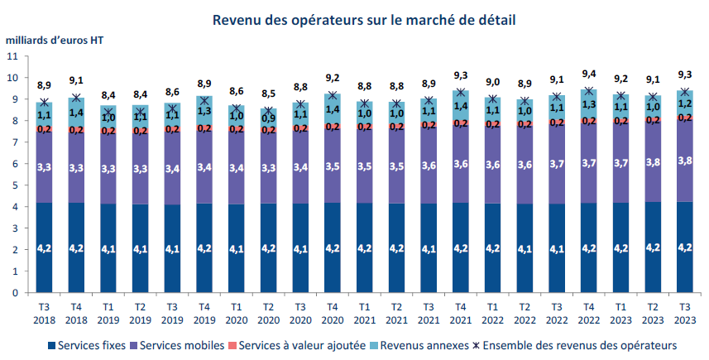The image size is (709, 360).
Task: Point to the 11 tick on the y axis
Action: click(12, 56)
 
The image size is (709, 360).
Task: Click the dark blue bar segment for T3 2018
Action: click(46, 247)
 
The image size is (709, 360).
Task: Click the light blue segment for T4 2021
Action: click(461, 105)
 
